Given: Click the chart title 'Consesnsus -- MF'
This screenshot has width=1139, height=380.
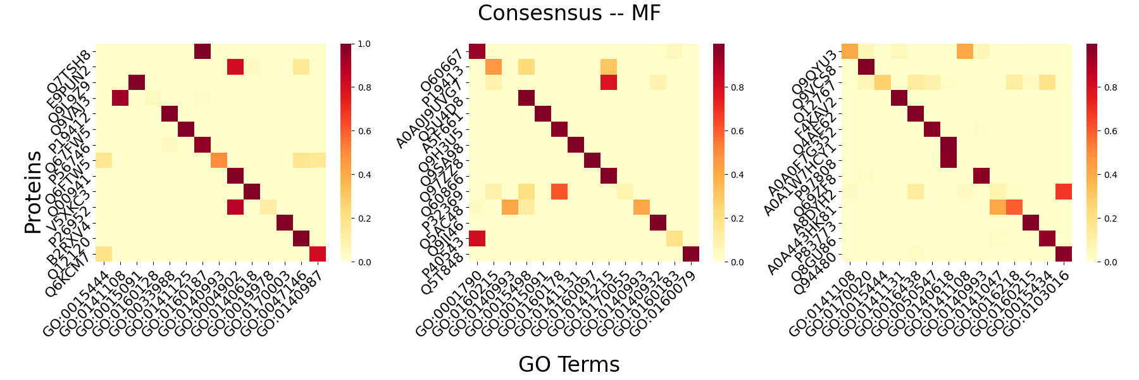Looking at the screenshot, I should pyautogui.click(x=569, y=13).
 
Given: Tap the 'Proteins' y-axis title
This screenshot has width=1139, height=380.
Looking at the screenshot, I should pyautogui.click(x=33, y=192).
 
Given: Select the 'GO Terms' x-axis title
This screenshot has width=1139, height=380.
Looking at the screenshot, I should pyautogui.click(x=569, y=364).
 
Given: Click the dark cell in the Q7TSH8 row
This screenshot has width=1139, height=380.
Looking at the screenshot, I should pyautogui.click(x=202, y=51).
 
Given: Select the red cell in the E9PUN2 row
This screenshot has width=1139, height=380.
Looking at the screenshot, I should pyautogui.click(x=235, y=66).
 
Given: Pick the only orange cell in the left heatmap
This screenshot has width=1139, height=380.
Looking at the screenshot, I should pyautogui.click(x=219, y=160).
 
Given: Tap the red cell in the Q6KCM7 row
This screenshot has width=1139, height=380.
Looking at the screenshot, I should pyautogui.click(x=318, y=254).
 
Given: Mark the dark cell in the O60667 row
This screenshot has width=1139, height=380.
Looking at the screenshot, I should pyautogui.click(x=476, y=51).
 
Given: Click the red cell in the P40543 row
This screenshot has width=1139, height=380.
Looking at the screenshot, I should pyautogui.click(x=476, y=238).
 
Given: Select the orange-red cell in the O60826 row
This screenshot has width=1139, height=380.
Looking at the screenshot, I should pyautogui.click(x=559, y=191).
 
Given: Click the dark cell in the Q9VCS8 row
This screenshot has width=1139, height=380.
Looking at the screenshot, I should pyautogui.click(x=866, y=66).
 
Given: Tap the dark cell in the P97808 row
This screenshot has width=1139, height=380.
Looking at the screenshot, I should pyautogui.click(x=981, y=175).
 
